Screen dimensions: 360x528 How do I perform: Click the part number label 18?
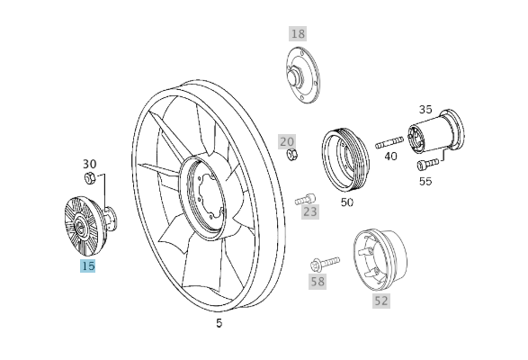click(298, 33)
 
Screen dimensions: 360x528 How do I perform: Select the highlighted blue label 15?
click(87, 265)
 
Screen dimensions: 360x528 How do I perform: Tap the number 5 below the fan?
click(219, 322)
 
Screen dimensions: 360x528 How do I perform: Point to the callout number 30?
click(90, 164)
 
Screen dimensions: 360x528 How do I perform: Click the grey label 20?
click(287, 141)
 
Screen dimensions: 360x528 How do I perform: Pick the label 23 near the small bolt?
click(310, 212)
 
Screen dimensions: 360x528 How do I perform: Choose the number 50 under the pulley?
click(347, 202)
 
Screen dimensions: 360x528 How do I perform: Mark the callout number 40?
click(390, 156)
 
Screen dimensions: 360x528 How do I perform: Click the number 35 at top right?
click(425, 108)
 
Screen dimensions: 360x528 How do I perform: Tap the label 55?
click(425, 180)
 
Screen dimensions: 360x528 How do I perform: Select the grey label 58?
click(317, 281)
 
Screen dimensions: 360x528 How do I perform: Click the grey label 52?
click(381, 301)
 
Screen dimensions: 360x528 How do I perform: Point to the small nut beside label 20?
click(291, 156)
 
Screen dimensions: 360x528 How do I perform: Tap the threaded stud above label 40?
click(389, 141)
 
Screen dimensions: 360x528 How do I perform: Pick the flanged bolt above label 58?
click(323, 263)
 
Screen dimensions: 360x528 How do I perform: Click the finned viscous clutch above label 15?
click(82, 225)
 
